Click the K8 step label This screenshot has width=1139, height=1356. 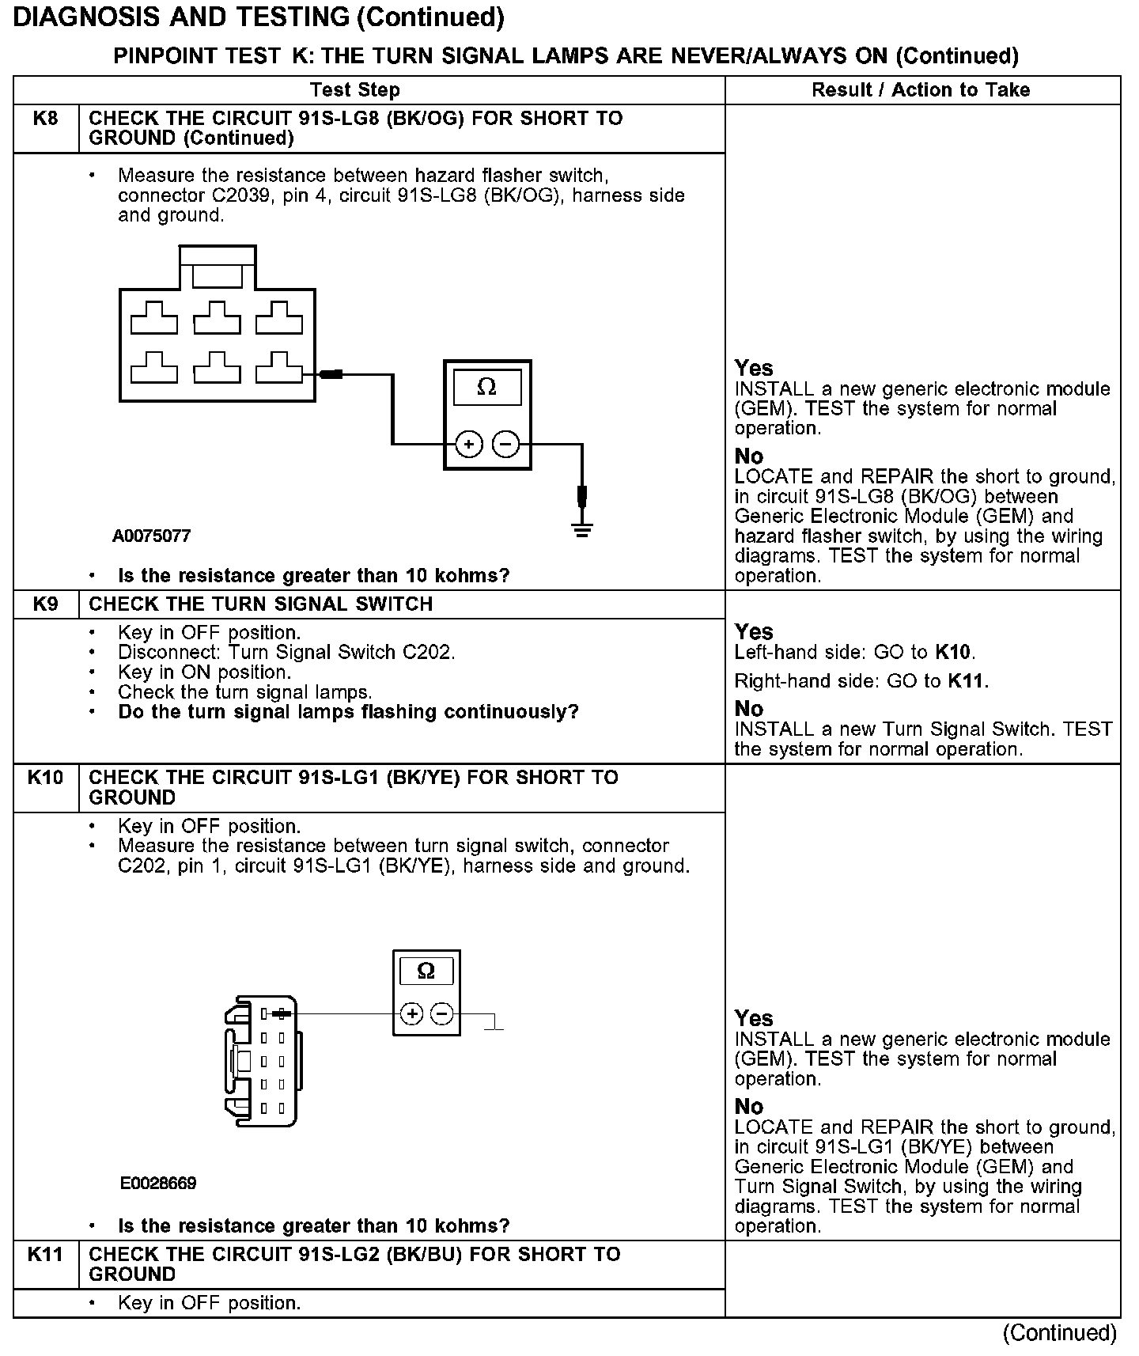[46, 119]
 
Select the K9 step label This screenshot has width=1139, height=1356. [46, 604]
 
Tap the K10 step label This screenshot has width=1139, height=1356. [46, 778]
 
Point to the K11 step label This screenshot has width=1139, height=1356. [46, 1255]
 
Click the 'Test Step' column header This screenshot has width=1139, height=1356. [355, 90]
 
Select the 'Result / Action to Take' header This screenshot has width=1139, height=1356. [921, 90]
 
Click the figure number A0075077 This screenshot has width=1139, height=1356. [152, 536]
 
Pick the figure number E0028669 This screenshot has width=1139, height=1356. [158, 1184]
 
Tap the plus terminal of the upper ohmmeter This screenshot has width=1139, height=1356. [469, 445]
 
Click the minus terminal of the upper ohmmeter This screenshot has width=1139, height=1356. [506, 445]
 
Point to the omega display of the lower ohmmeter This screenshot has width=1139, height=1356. [426, 971]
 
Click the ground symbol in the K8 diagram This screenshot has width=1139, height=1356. [582, 530]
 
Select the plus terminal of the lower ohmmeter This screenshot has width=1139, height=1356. [412, 1013]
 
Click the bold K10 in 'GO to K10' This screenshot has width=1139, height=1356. [952, 653]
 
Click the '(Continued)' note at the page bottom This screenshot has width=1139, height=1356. [1060, 1333]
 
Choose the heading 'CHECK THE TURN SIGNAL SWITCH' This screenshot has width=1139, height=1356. [261, 604]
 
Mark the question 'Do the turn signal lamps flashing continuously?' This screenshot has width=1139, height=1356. [348, 712]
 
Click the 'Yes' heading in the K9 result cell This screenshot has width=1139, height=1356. [754, 632]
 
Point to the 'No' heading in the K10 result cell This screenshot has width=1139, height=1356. [749, 1106]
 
